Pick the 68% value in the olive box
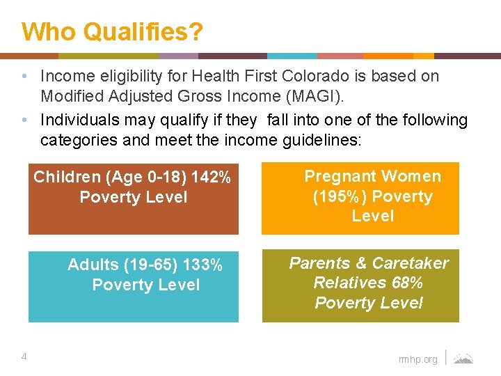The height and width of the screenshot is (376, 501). click(x=408, y=283)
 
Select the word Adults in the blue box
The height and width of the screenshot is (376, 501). click(x=93, y=265)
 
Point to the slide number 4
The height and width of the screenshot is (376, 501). click(x=24, y=357)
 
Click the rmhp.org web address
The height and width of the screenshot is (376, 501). click(x=418, y=359)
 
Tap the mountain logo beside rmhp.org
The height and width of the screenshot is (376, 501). click(x=463, y=359)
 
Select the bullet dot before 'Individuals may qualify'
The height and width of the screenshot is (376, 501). click(x=24, y=120)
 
